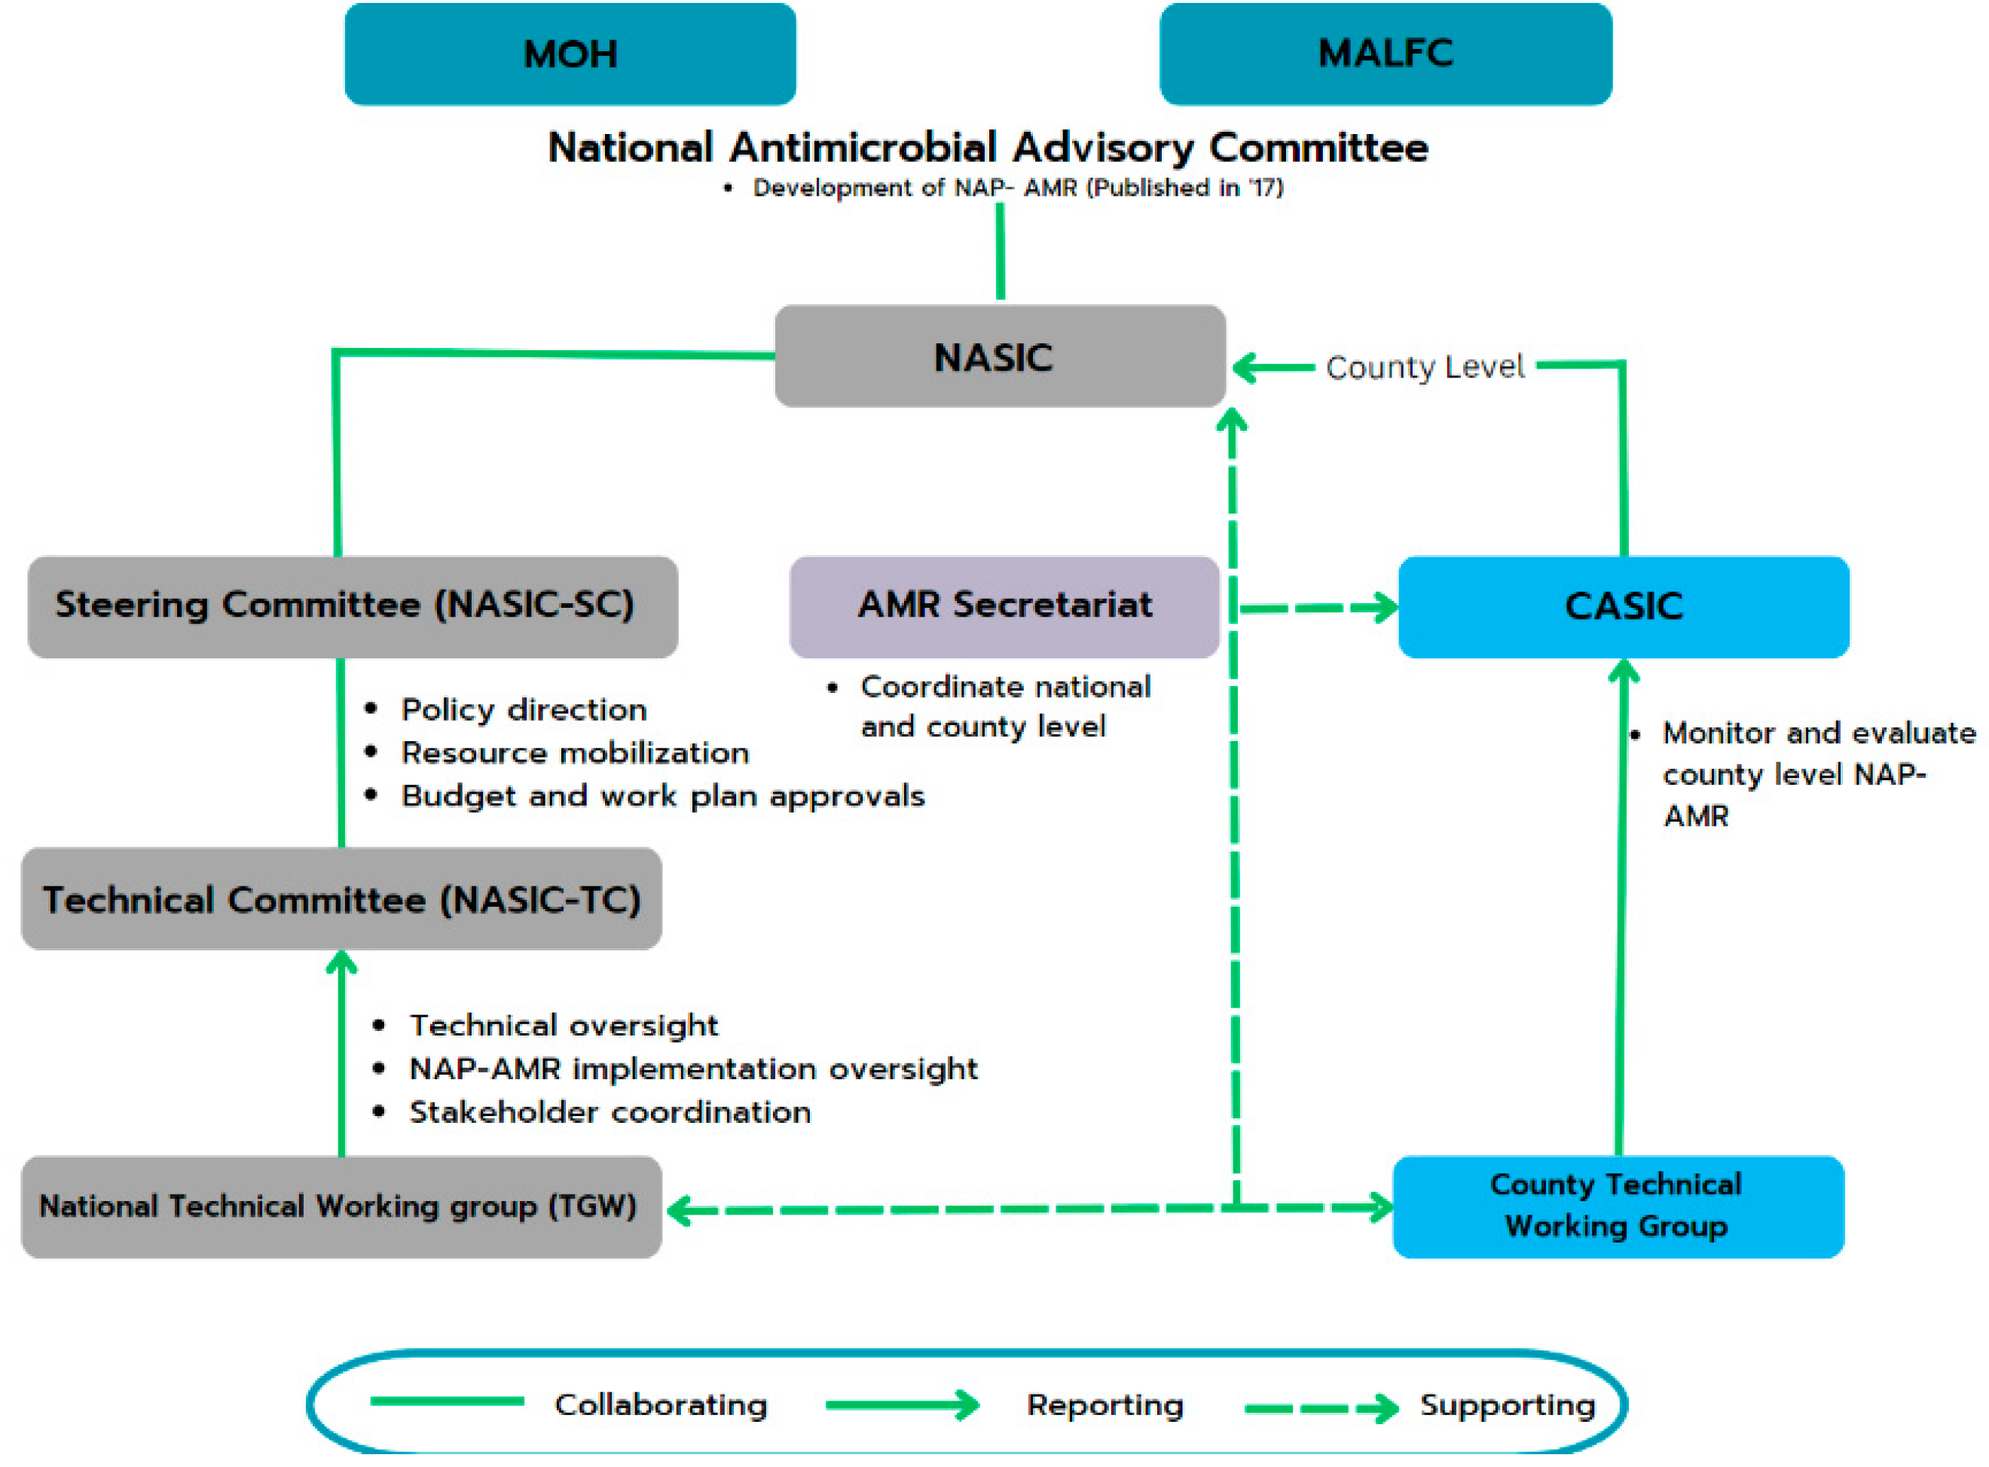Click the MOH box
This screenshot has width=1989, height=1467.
coord(570,54)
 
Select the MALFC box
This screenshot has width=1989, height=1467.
coord(1385,53)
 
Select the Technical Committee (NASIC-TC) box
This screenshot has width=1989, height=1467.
coord(341,898)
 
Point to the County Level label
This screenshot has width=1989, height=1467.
coord(1424,367)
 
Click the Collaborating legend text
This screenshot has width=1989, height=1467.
coord(660,1404)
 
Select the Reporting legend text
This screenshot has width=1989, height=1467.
coord(1104,1404)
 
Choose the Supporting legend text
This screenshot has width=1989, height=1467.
coord(1507,1404)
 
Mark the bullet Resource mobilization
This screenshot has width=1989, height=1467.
coord(575,753)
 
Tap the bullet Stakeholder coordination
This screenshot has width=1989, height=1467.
coord(610,1112)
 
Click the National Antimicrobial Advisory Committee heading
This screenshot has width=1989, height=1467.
coord(987,148)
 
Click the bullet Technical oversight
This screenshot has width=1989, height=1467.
coord(564,1026)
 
